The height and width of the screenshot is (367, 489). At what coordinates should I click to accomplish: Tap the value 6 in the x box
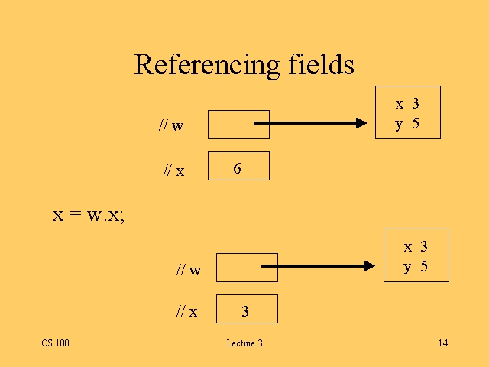click(238, 169)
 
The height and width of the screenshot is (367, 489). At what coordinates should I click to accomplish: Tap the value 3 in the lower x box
click(245, 311)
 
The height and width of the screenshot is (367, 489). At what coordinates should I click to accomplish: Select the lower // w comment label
click(189, 269)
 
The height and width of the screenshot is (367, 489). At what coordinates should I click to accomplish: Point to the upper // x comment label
click(173, 171)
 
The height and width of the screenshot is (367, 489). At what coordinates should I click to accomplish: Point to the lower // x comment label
click(186, 311)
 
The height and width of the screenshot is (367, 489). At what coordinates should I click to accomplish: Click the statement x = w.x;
click(88, 215)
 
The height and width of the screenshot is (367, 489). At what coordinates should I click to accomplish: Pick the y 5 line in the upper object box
click(407, 124)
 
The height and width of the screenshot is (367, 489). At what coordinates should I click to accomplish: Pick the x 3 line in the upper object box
click(407, 104)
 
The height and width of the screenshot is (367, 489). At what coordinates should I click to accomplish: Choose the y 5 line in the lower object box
click(416, 267)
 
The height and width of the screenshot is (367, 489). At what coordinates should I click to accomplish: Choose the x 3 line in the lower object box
click(416, 247)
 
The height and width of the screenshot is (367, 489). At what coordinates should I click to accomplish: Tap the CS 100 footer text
click(55, 343)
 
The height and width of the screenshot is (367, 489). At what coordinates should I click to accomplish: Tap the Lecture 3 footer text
click(244, 343)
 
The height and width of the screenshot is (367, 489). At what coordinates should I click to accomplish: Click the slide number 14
click(443, 343)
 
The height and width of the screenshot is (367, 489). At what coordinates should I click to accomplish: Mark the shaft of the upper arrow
click(306, 122)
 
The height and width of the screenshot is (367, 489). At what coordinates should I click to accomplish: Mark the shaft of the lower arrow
click(313, 266)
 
